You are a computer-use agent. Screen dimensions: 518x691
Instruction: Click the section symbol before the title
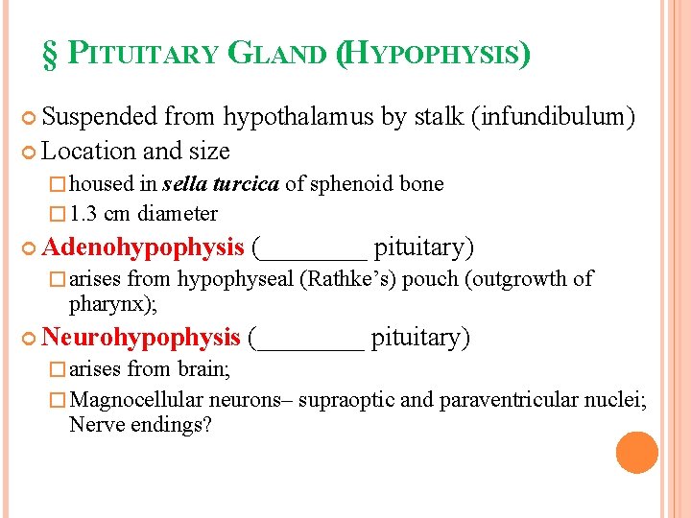[50, 54]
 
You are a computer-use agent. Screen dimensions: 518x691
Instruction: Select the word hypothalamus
[298, 117]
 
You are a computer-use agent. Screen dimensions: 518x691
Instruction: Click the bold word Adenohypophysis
[143, 247]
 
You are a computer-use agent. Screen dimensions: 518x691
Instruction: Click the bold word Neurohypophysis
[141, 338]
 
